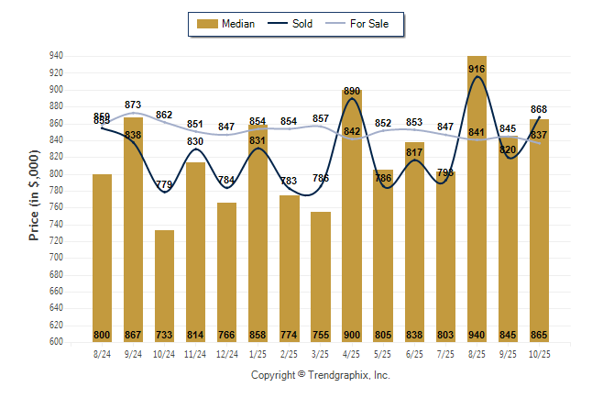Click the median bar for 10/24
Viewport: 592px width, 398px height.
click(x=164, y=284)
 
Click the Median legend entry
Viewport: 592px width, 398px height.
click(x=228, y=24)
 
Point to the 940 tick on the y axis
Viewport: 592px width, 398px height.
click(x=56, y=56)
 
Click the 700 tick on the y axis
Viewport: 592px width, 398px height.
click(x=56, y=258)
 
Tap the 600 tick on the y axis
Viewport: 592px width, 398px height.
click(x=56, y=342)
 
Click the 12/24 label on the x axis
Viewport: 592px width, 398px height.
click(x=227, y=353)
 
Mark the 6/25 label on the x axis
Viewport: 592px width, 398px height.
click(x=414, y=353)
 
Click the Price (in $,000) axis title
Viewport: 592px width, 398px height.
click(x=34, y=198)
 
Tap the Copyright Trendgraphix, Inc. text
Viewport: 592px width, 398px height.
click(x=321, y=375)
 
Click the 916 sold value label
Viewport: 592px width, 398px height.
click(x=477, y=69)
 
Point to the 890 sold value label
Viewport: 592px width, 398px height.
click(x=351, y=91)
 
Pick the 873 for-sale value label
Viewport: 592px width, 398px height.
click(x=133, y=105)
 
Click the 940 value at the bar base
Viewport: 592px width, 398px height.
click(x=477, y=335)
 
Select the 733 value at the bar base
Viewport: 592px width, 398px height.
click(x=164, y=335)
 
